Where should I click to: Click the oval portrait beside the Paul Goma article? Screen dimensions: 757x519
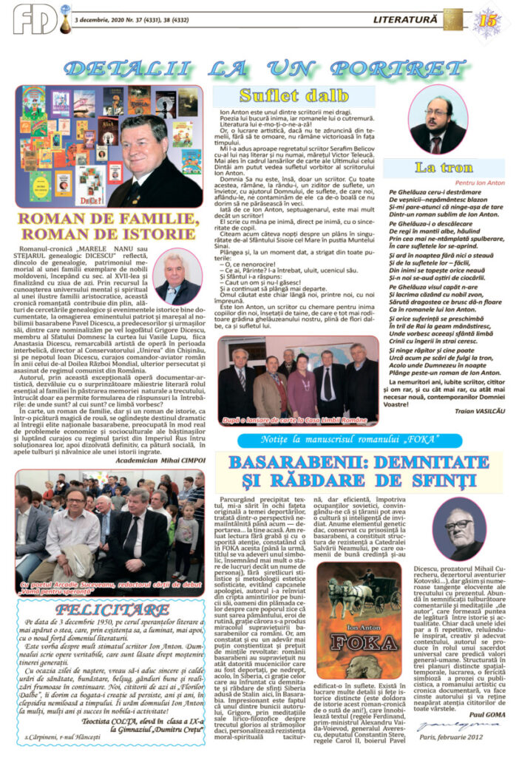click(465, 529)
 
